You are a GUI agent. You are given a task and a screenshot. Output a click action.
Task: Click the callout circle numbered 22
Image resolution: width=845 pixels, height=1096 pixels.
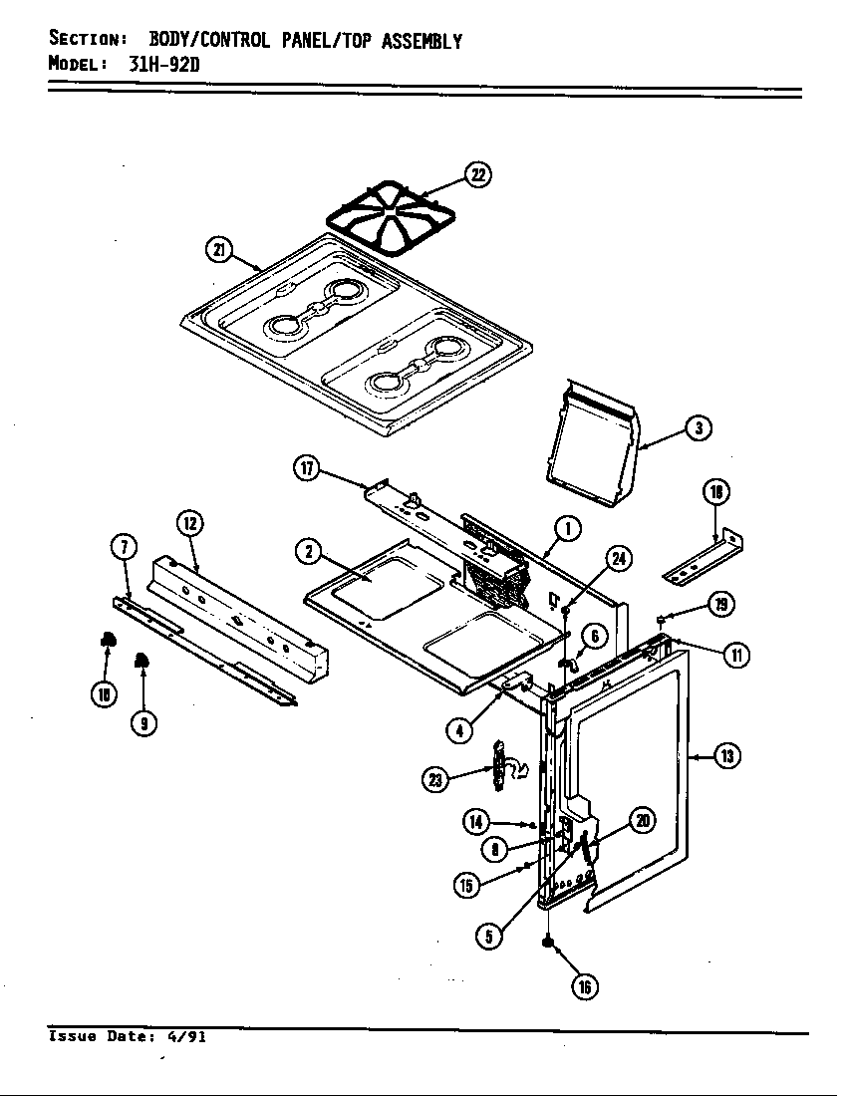[477, 175]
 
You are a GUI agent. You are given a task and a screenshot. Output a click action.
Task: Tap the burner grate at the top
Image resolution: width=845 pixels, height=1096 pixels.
[392, 219]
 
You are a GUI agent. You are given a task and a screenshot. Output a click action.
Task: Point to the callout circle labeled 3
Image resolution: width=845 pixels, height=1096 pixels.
[699, 428]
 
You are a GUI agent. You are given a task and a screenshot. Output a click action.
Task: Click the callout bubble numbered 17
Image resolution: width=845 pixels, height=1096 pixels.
[307, 468]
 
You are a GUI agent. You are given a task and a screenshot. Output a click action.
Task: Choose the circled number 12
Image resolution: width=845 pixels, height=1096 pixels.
[189, 522]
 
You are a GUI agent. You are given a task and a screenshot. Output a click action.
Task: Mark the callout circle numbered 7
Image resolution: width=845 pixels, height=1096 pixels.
[123, 547]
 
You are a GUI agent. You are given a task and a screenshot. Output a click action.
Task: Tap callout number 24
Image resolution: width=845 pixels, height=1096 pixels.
[619, 559]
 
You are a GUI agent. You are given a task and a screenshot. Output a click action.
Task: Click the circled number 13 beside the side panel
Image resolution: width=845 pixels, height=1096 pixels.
[727, 756]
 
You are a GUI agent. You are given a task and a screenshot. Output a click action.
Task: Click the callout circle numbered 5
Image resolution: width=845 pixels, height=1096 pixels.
[488, 936]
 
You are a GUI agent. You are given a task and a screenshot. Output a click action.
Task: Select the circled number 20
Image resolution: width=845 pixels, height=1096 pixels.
[643, 821]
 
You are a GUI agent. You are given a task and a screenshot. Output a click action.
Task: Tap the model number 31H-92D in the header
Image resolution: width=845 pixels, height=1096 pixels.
[170, 65]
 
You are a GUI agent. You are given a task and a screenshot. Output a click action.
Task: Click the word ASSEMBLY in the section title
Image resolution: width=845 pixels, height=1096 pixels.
[422, 41]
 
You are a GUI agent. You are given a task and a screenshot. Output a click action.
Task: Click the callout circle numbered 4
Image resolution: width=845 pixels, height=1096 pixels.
[459, 729]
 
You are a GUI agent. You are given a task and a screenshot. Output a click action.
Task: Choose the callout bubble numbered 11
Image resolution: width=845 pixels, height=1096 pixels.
[736, 656]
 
